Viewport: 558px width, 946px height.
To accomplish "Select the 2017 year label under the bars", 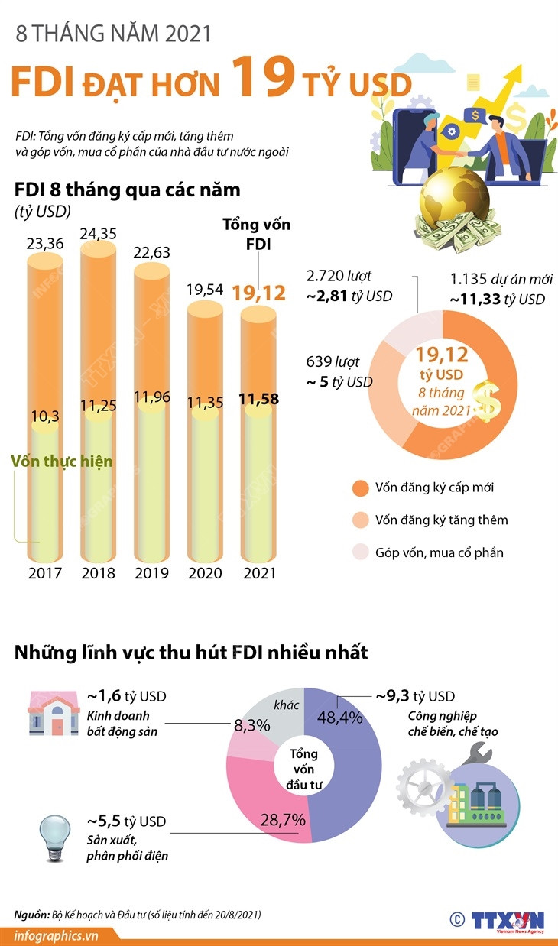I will click(x=44, y=573).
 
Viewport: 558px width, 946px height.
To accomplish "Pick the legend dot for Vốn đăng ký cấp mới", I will click(x=360, y=488).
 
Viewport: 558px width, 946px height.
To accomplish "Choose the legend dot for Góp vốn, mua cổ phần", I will click(x=360, y=552).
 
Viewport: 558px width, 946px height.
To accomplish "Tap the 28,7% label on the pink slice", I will click(x=284, y=820).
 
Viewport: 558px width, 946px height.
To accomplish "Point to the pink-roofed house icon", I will click(x=54, y=711).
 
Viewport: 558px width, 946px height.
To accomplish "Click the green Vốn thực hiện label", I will click(x=62, y=462).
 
